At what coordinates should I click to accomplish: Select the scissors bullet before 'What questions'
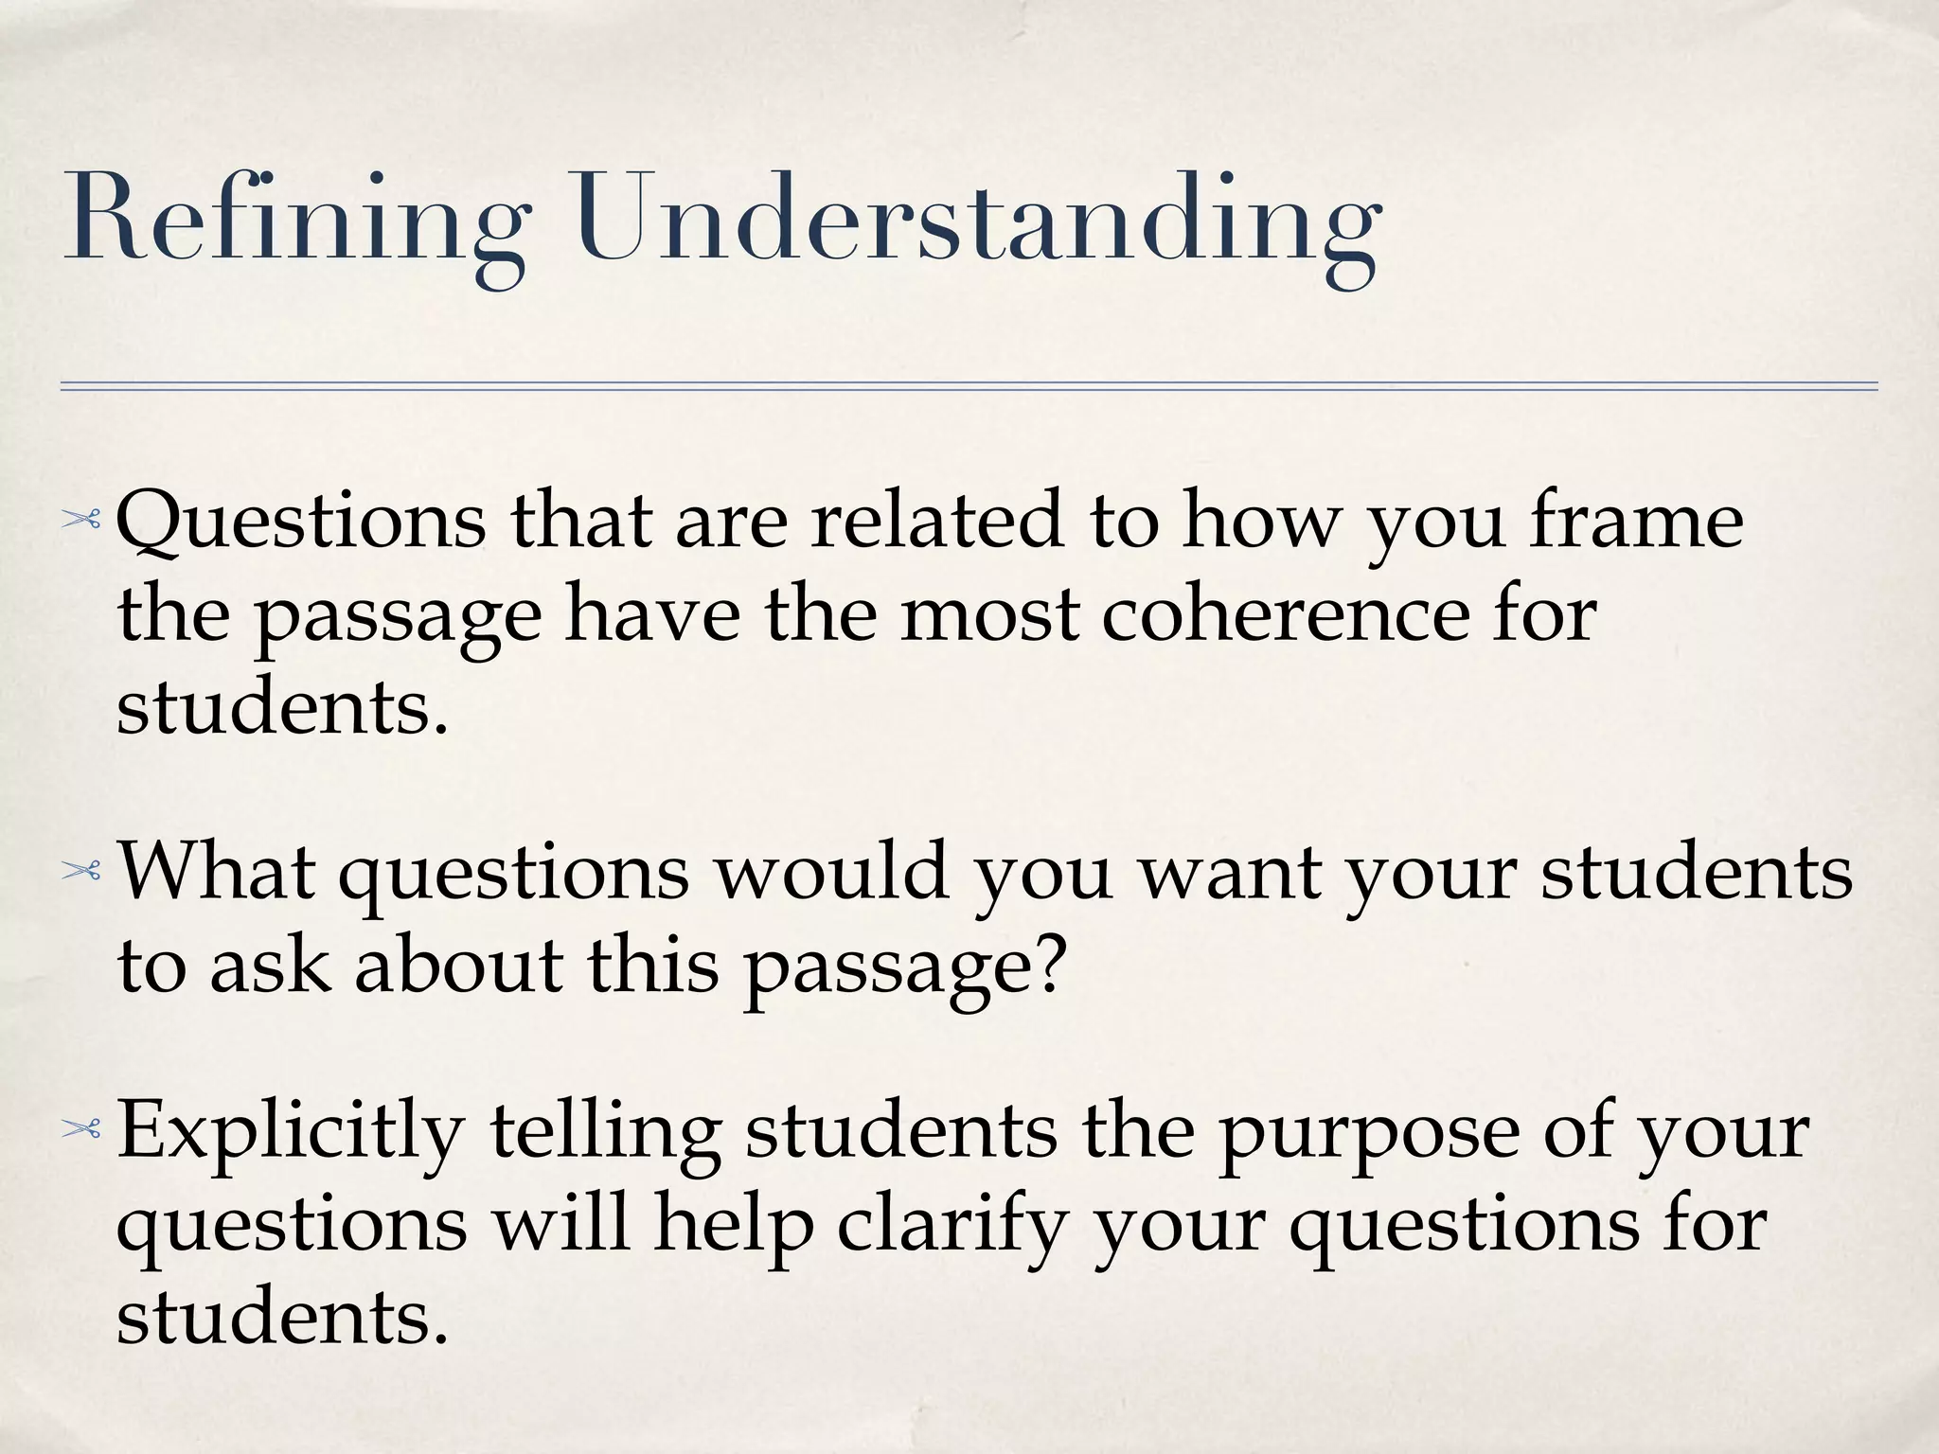pos(80,872)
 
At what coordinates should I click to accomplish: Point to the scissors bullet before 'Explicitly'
pos(80,1128)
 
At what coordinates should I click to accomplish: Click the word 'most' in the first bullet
pos(990,615)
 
